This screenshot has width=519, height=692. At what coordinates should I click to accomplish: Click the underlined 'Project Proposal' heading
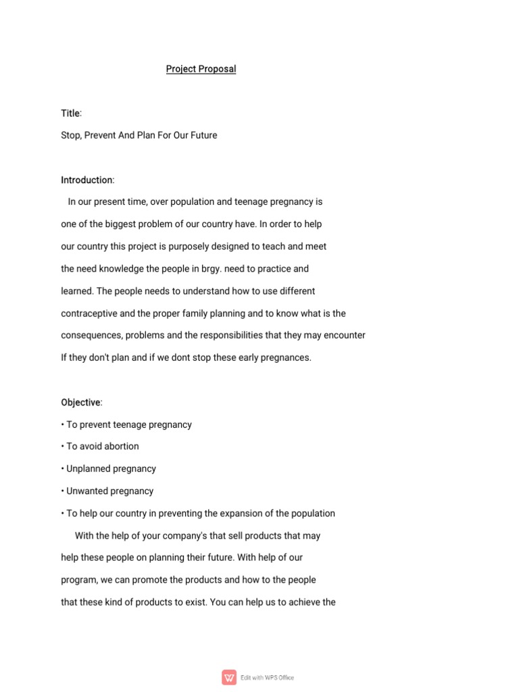[x=201, y=69]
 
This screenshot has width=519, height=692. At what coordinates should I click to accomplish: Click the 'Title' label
[x=70, y=113]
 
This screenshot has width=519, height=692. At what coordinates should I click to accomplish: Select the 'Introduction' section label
[x=86, y=180]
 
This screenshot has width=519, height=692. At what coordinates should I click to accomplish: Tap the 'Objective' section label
[x=80, y=403]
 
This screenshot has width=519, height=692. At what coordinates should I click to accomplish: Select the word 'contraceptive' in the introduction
[x=90, y=314]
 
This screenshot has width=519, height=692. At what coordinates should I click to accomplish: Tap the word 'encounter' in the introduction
[x=344, y=336]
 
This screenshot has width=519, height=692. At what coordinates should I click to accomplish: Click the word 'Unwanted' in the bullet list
[x=87, y=491]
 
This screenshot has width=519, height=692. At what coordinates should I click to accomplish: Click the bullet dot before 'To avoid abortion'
[x=63, y=447]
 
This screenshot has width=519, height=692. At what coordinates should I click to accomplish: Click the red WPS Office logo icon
[x=230, y=677]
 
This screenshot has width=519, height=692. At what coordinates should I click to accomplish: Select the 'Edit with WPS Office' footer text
[x=268, y=678]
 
